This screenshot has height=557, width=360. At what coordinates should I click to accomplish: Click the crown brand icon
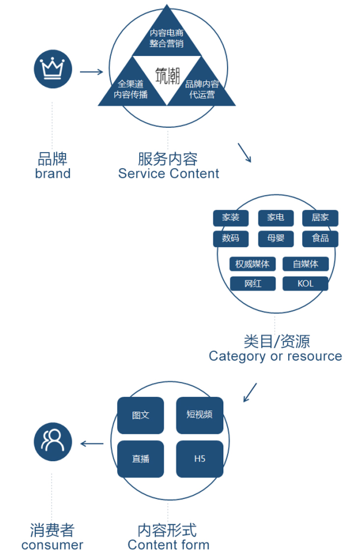tap(53, 69)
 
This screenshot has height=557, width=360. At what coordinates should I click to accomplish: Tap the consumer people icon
tap(53, 441)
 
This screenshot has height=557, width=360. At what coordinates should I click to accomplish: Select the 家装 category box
tap(230, 218)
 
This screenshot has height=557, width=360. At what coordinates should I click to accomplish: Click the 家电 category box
tap(275, 218)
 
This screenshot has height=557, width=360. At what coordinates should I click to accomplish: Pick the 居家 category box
tap(320, 218)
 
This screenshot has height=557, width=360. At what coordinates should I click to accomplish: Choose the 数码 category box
tap(230, 238)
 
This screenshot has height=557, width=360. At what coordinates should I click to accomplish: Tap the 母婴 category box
tap(275, 238)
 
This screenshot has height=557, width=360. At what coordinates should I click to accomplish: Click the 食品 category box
tap(320, 238)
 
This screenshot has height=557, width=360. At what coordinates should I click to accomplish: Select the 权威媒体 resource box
tap(252, 264)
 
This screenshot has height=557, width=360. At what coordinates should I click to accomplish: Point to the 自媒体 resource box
tap(306, 264)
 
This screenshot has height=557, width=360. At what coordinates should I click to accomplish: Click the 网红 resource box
tap(252, 284)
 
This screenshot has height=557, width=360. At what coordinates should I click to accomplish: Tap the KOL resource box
tap(306, 284)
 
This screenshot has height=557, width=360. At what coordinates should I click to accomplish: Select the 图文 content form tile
tap(140, 416)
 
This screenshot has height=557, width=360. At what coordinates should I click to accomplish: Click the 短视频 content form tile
tap(200, 415)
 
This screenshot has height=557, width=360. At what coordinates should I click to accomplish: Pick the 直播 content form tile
tap(140, 459)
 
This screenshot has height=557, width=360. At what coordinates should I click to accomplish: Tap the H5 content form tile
tap(200, 459)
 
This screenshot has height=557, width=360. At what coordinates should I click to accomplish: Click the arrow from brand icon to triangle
tap(91, 72)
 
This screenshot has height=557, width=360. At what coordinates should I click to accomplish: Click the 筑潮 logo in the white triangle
tap(168, 75)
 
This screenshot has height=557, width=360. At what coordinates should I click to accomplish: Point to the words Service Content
tap(168, 173)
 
